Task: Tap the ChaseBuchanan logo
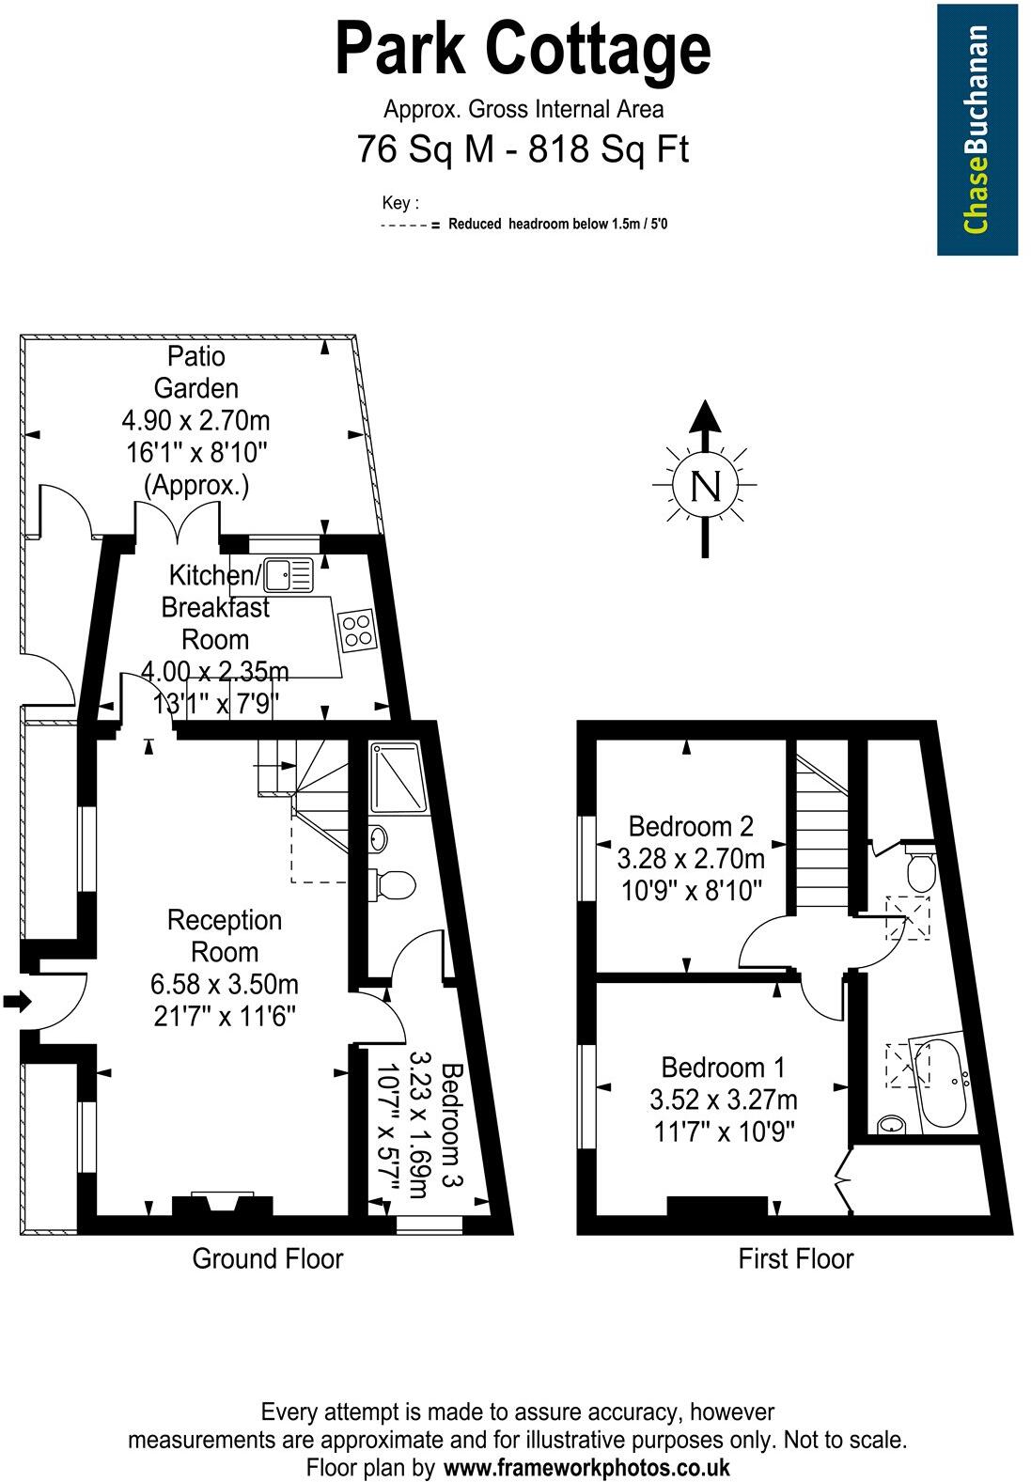tap(976, 130)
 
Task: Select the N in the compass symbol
tap(705, 486)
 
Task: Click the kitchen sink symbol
tap(289, 574)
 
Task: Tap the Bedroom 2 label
tap(691, 827)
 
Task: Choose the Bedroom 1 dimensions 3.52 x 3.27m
tap(723, 1100)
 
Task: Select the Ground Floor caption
tap(268, 1258)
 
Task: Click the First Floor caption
tap(796, 1258)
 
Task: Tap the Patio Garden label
tap(195, 372)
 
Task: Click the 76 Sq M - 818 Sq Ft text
tap(523, 149)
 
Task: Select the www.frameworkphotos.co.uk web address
tap(586, 1468)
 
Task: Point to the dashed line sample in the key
tap(405, 226)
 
